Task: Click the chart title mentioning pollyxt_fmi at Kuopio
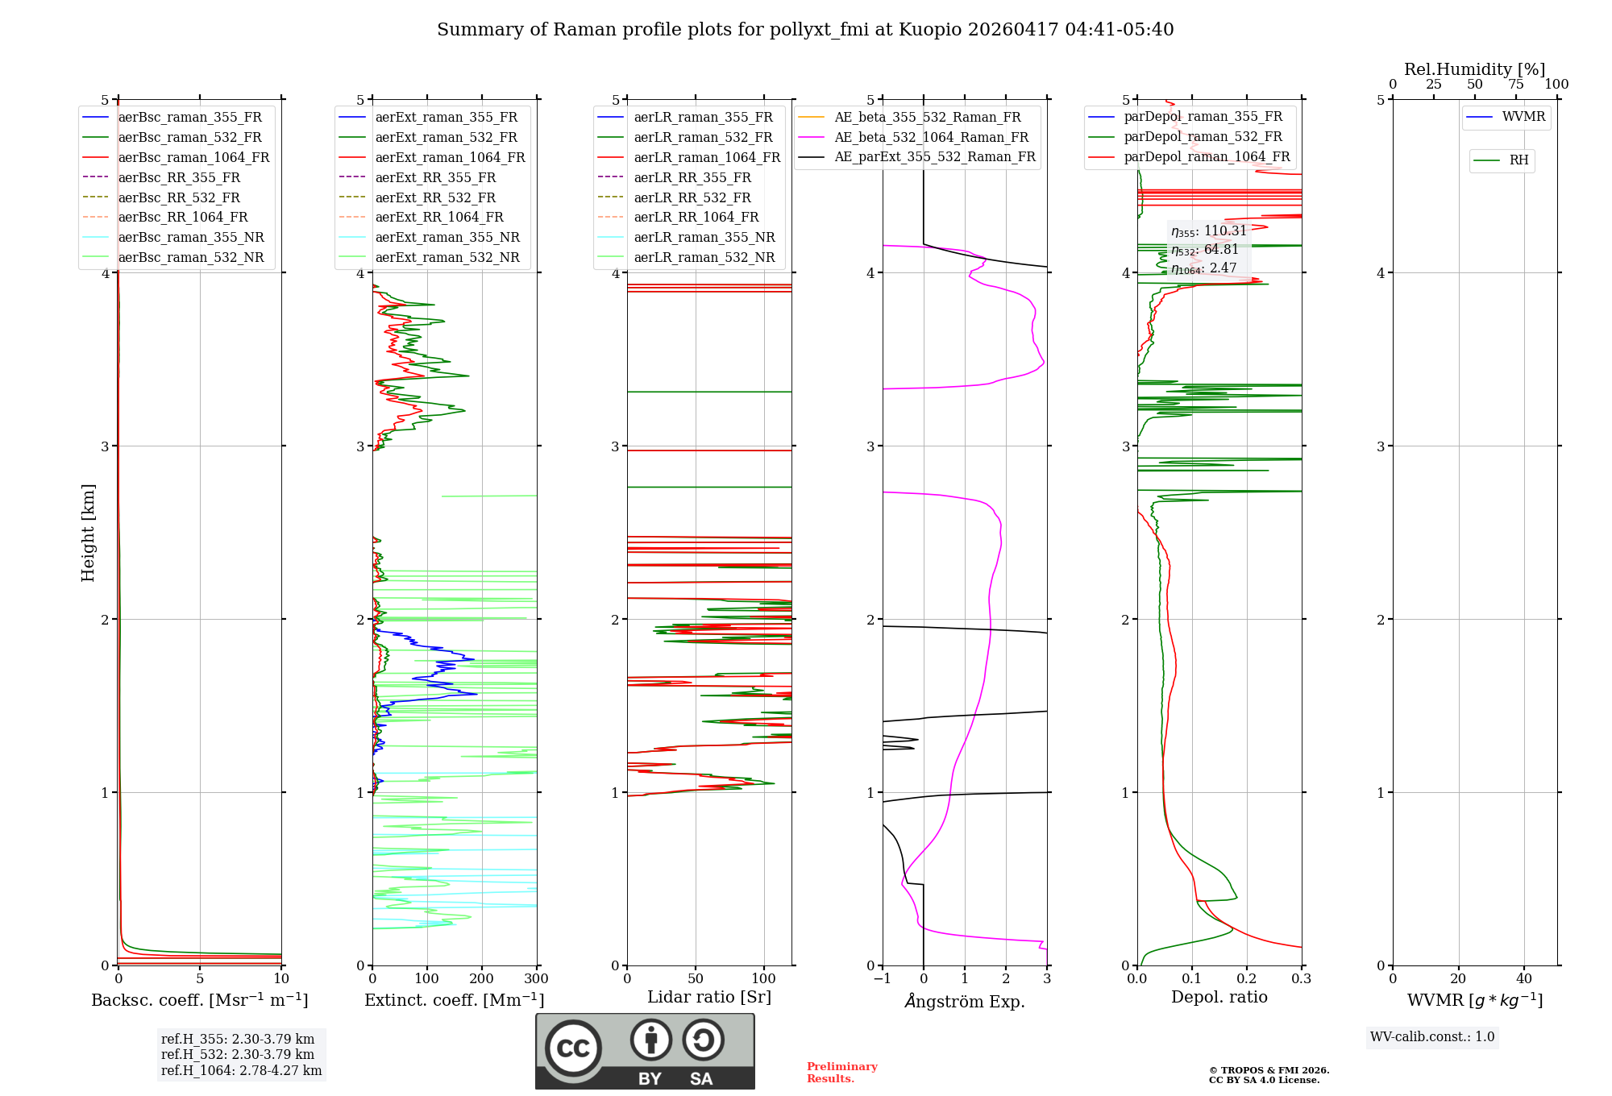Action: (x=804, y=30)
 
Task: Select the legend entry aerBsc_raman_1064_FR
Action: (x=193, y=157)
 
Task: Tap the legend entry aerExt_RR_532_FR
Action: (x=435, y=197)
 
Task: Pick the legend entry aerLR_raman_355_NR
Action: (x=704, y=237)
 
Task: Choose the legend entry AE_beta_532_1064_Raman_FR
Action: (x=931, y=137)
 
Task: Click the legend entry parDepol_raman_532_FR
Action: (x=1203, y=137)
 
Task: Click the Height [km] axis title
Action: (x=88, y=533)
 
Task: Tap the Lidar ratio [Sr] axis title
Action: (x=708, y=997)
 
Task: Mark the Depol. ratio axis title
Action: (x=1219, y=997)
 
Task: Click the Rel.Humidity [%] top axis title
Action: (x=1474, y=69)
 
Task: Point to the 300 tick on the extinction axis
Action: (x=536, y=979)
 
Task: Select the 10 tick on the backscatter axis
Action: (x=281, y=979)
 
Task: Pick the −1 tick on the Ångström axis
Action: (x=883, y=979)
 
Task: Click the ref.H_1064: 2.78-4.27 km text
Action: (x=241, y=1071)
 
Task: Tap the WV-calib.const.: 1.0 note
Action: (x=1432, y=1037)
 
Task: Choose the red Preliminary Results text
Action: (x=841, y=1073)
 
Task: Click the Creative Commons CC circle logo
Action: (x=573, y=1048)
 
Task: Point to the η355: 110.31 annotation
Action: (x=1208, y=231)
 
